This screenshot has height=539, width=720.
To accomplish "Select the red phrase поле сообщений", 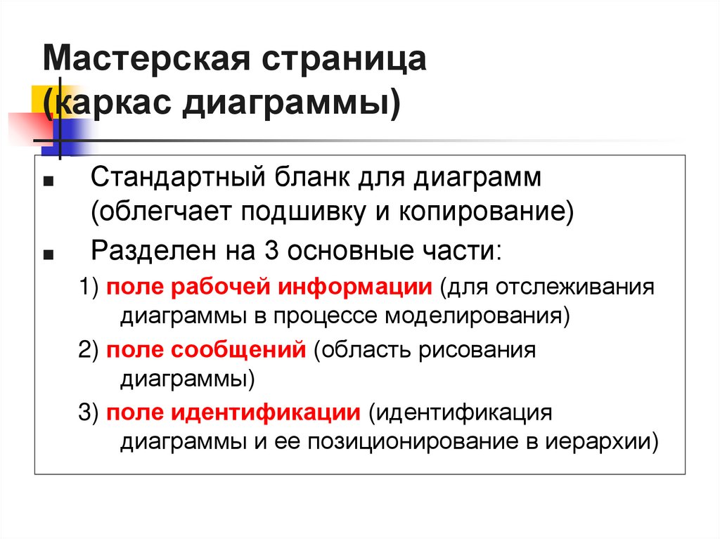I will [205, 350].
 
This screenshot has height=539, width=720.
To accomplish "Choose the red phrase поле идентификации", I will [233, 413].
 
